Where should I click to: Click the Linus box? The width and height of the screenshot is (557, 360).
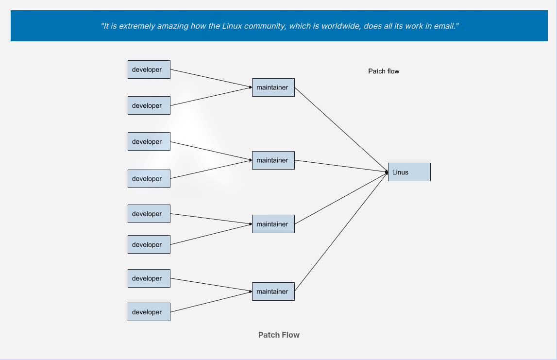(409, 172)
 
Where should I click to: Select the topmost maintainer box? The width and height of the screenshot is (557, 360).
(273, 87)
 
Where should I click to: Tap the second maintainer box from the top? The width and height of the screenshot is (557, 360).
(273, 160)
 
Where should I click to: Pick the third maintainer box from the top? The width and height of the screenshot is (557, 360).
(273, 224)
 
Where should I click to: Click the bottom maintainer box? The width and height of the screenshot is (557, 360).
(273, 291)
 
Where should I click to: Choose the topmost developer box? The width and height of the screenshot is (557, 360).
(149, 69)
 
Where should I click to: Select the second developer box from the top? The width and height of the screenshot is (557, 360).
(149, 105)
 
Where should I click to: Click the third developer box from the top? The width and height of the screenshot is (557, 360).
(149, 141)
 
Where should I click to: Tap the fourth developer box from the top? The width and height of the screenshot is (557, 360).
(149, 178)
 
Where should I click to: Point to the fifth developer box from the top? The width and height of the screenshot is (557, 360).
(149, 214)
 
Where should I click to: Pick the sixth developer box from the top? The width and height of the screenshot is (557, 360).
(149, 244)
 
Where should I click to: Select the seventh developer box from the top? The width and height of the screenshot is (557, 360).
(149, 278)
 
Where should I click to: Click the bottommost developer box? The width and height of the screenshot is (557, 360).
(149, 312)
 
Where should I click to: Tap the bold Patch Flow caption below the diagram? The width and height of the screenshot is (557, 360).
(279, 335)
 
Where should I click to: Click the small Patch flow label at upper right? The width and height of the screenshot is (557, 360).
(384, 71)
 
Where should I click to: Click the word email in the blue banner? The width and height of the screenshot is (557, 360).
(444, 26)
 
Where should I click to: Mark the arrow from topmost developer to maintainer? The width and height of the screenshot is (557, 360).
(211, 79)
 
